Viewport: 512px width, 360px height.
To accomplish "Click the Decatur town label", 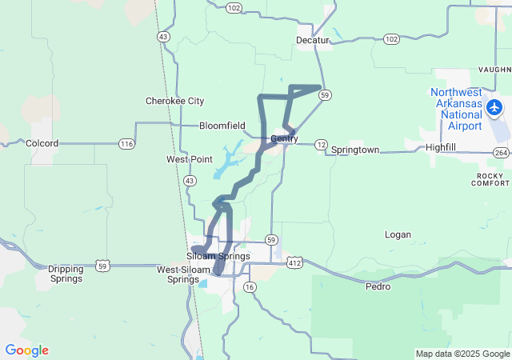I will pos(313,39).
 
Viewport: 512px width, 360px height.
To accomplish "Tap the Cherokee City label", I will pos(174,101).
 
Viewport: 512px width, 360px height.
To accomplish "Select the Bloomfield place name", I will pos(222,126).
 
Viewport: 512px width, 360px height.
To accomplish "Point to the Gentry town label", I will pos(284,139).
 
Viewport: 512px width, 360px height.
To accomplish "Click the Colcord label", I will pos(42,143).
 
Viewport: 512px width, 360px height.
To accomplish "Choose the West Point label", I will pos(190,159).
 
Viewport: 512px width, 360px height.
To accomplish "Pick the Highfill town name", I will pos(442,148).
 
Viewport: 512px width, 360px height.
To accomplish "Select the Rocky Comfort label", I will pos(493,179).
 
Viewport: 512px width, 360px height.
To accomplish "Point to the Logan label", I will pos(398,234).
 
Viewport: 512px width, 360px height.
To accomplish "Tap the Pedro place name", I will pos(378,286).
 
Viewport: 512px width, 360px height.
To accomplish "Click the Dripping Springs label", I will pos(66,274).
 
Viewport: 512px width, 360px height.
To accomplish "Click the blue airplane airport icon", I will pos(494,106).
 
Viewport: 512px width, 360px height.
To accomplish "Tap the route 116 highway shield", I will pos(126,144).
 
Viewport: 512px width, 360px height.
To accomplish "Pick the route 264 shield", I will pos(502,152).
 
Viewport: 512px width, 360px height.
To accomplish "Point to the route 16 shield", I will pos(250,286).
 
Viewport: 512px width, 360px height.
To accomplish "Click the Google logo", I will pos(26,350).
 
